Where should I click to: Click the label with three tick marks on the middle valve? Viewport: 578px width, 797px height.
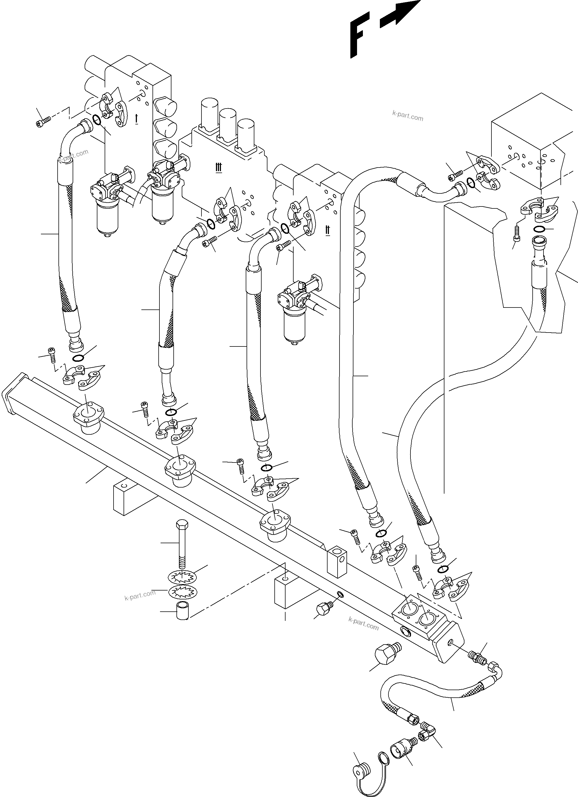coord(218,168)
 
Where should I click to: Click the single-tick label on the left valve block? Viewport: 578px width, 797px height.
coord(136,119)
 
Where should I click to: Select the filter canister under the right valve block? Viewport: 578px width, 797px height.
coord(294,323)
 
